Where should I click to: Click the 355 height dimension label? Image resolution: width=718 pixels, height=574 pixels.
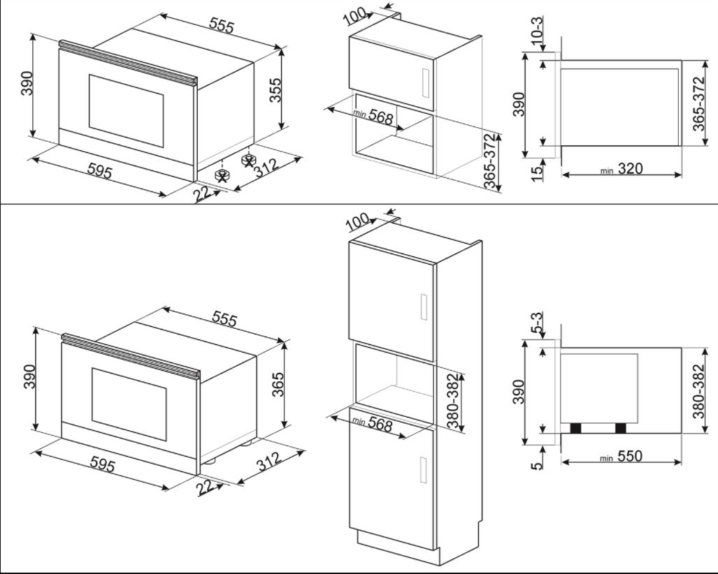tap(276, 91)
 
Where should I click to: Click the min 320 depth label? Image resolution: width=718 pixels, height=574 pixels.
tap(621, 169)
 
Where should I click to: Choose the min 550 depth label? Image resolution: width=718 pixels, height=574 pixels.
tap(621, 457)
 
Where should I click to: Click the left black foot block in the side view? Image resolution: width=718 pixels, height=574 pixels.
tap(576, 428)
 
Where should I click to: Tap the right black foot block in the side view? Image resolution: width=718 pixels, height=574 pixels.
tap(620, 428)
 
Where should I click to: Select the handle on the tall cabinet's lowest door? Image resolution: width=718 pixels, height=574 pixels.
tap(422, 468)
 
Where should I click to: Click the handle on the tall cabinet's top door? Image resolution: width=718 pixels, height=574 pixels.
tap(422, 307)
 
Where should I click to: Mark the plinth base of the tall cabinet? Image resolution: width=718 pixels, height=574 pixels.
tap(399, 543)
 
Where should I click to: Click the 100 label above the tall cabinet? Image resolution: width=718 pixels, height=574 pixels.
tap(357, 223)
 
